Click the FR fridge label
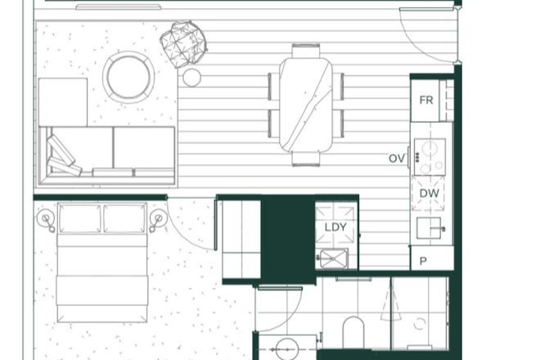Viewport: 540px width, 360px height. [x=425, y=101]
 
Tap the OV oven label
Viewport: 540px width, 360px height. [x=397, y=158]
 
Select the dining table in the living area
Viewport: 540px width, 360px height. [x=305, y=104]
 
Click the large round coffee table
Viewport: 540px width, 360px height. [x=128, y=77]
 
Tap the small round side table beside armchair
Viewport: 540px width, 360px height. [x=191, y=78]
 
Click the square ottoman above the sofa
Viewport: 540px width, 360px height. [x=62, y=101]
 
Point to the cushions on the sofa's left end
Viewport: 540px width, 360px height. [x=64, y=156]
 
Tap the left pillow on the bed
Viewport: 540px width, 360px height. [x=80, y=218]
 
